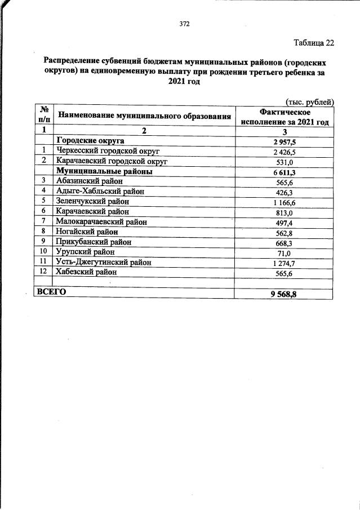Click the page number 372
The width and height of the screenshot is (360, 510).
[x=184, y=24]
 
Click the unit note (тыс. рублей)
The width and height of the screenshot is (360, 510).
[x=310, y=101]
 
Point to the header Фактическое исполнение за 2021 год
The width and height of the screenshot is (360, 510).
[x=285, y=117]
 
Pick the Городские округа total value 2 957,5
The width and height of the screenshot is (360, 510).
[x=285, y=141]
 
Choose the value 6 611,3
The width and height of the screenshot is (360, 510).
[x=285, y=172]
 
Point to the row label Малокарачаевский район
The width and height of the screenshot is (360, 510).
[x=102, y=221]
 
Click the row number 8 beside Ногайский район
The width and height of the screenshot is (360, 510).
[x=43, y=232]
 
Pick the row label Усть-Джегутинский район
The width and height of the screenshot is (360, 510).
[x=104, y=262]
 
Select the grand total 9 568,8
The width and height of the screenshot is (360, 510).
[x=285, y=294]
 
